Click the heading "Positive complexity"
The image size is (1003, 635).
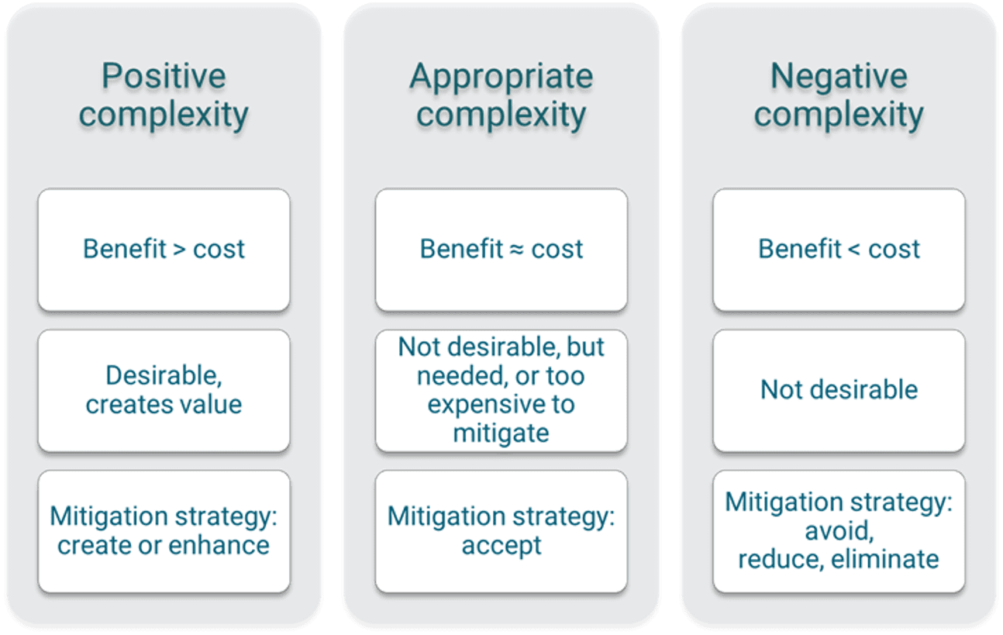164,95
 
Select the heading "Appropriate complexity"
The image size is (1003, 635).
501,95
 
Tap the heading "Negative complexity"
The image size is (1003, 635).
839,95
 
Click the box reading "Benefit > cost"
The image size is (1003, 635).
164,249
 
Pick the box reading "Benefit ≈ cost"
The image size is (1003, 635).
501,249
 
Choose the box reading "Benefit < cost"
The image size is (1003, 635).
839,249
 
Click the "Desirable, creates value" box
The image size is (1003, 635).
164,390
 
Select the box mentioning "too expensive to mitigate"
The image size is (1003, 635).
501,390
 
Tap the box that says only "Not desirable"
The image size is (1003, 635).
839,389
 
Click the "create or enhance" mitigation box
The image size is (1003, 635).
164,530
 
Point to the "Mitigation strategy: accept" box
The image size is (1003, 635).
501,530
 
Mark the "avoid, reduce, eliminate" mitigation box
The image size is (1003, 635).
839,530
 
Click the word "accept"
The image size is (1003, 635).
502,545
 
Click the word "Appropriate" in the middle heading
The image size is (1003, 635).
501,77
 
